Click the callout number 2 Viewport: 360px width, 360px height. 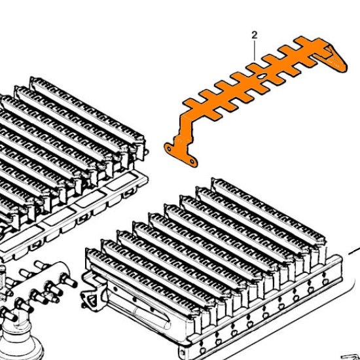click(255, 35)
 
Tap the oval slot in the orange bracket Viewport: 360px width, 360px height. click(262, 76)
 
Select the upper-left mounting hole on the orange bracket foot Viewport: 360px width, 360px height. click(169, 149)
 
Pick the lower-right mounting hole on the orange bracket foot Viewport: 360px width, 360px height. click(192, 162)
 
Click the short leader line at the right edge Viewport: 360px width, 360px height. click(354, 251)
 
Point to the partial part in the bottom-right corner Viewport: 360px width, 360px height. click(351, 357)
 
